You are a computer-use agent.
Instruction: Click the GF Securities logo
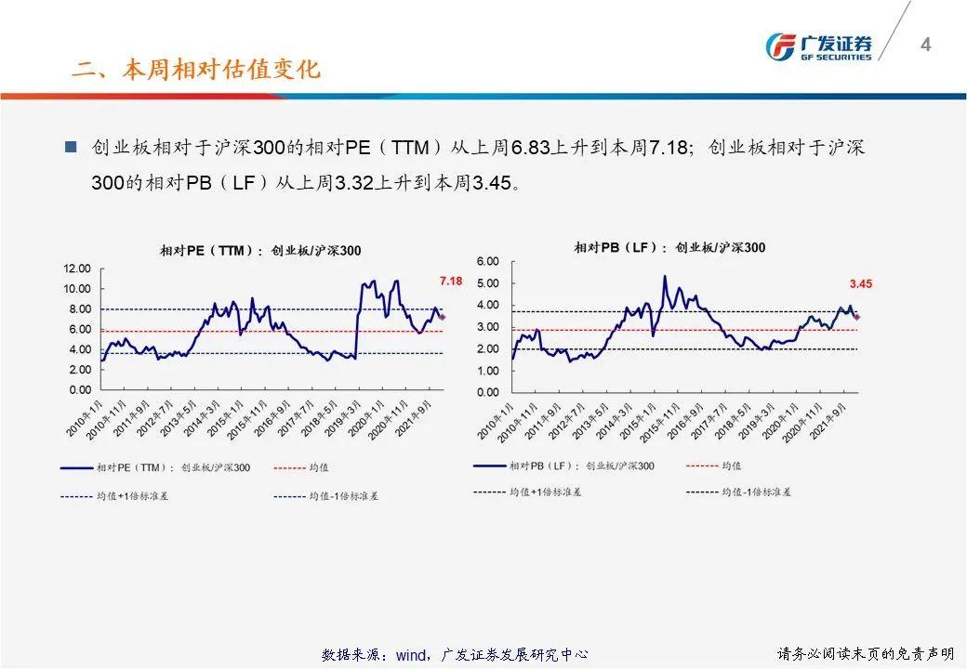click(818, 46)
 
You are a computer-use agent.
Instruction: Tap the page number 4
click(925, 44)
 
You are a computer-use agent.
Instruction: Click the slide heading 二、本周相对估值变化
click(196, 71)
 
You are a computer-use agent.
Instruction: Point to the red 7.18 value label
click(451, 281)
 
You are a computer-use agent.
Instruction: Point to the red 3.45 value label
click(860, 284)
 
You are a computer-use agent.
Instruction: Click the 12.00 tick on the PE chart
click(76, 269)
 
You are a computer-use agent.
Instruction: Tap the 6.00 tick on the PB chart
click(488, 261)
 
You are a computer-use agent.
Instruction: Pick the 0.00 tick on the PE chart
click(79, 390)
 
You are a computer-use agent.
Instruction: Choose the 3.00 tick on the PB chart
click(488, 327)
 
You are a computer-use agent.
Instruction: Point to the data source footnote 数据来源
click(455, 655)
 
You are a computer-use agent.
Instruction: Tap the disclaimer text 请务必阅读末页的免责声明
click(865, 654)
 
